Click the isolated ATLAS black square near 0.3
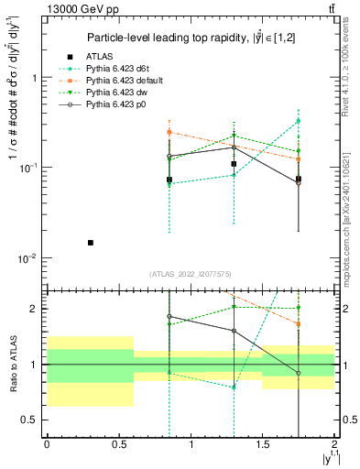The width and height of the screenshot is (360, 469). [90, 243]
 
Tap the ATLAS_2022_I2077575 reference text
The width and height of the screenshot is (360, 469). [191, 274]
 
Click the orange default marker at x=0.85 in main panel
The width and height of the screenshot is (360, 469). [169, 133]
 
